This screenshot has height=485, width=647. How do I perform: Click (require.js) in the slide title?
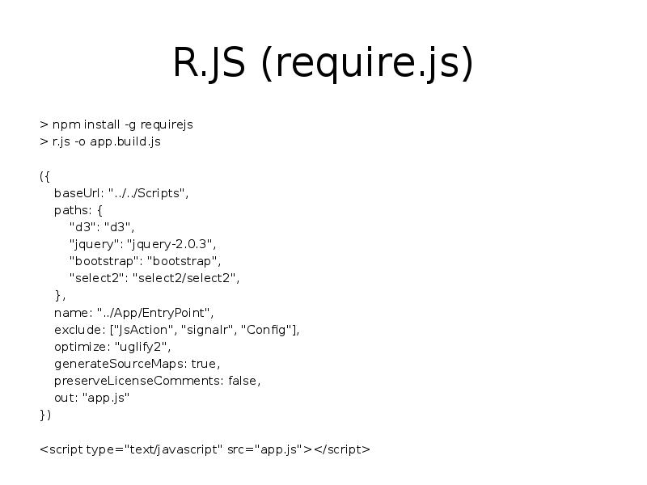pos(366,65)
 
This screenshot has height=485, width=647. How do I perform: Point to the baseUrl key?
pos(78,192)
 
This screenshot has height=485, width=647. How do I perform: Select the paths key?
pos(71,209)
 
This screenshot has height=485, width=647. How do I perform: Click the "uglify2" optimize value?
pos(142,346)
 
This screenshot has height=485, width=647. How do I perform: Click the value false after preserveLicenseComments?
pos(244,380)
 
